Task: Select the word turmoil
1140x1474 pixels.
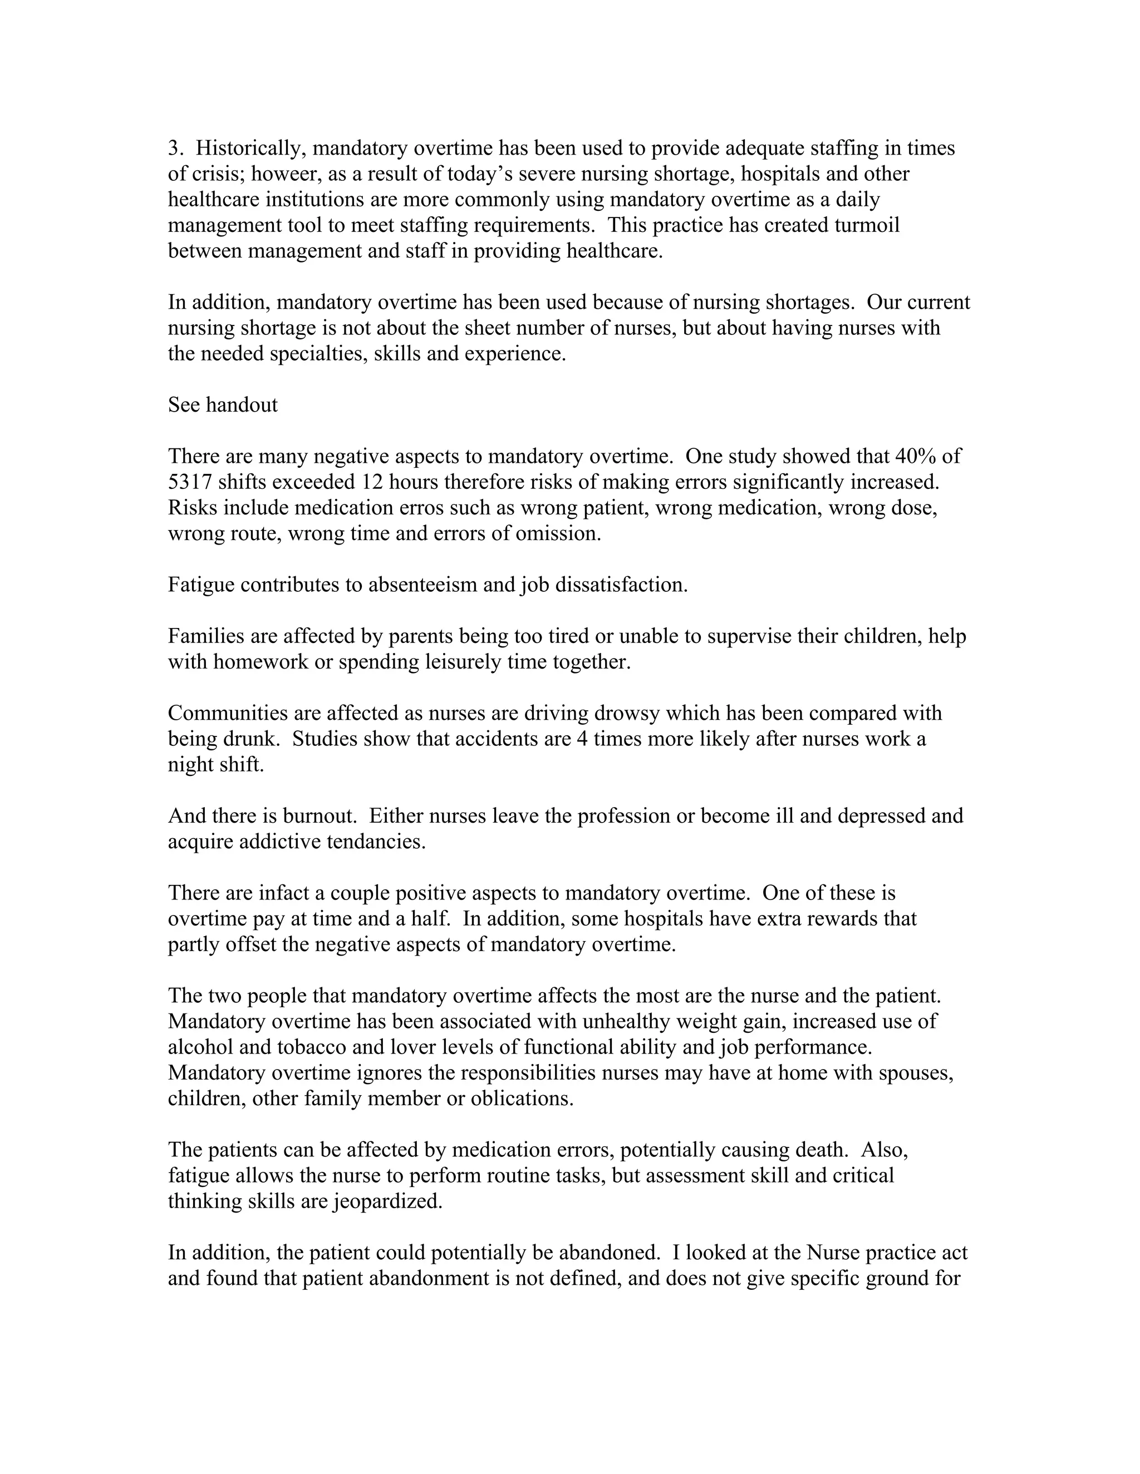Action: [x=867, y=225]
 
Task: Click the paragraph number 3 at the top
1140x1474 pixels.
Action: [x=173, y=149]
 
